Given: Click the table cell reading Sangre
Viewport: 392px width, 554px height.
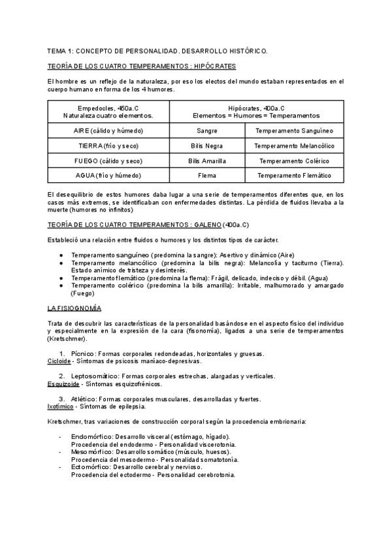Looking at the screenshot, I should click(x=207, y=131).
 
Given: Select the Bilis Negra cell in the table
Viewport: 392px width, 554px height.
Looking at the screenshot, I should click(x=207, y=146).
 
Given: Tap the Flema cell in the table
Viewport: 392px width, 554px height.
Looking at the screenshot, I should click(x=207, y=176).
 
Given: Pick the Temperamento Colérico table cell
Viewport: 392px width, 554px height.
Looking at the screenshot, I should click(x=294, y=161).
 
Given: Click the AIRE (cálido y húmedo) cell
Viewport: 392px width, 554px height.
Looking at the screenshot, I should click(x=108, y=131).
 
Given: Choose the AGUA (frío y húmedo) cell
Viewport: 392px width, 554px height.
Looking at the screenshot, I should click(x=108, y=176).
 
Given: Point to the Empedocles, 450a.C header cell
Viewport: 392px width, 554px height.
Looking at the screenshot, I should click(x=108, y=111).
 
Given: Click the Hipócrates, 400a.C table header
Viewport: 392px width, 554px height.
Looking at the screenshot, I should click(x=256, y=111).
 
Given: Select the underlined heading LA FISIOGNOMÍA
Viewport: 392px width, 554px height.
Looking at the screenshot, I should click(x=74, y=308).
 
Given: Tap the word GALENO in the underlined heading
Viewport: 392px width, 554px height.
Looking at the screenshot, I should click(x=208, y=225).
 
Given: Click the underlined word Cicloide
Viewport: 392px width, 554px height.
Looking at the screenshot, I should click(x=59, y=361).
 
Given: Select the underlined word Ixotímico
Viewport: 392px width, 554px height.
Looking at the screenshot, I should click(x=61, y=406).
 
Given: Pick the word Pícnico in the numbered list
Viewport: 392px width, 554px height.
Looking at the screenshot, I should click(x=83, y=353).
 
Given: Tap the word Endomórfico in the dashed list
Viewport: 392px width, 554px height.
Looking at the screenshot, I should click(x=91, y=436).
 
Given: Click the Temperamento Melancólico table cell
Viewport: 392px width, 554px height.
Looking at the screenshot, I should click(x=294, y=146).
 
